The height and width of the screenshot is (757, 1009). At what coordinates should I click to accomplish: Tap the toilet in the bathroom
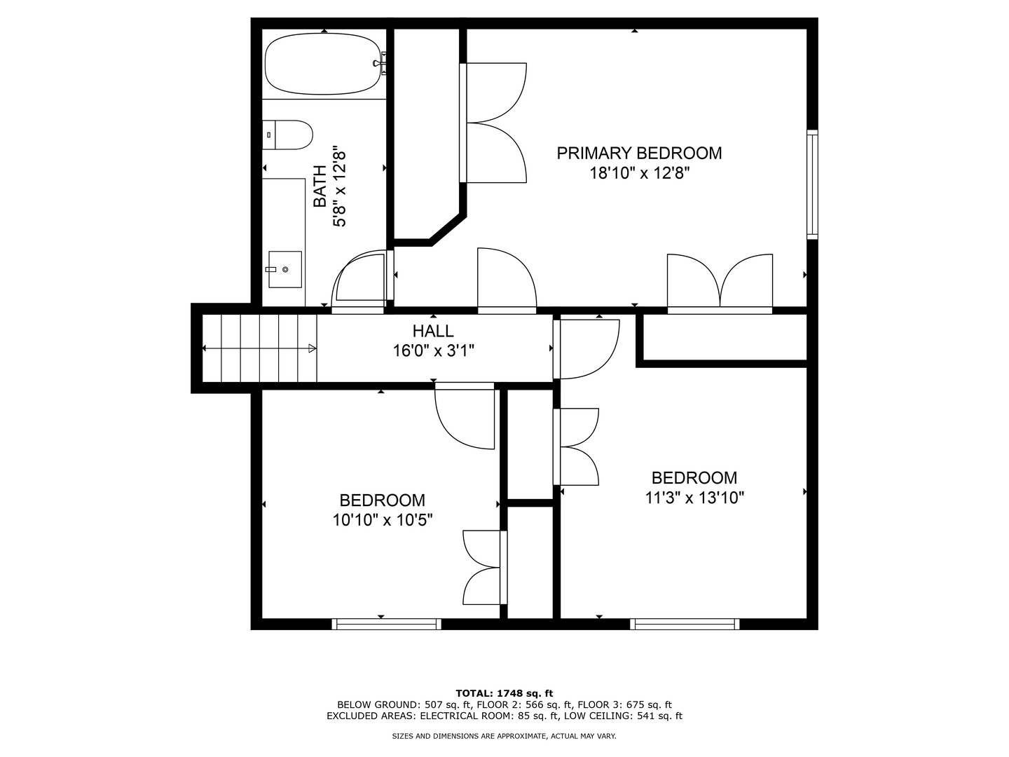289,135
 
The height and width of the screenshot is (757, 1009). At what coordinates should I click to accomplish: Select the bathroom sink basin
285,269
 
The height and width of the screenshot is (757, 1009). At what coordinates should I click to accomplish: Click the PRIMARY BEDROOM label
639,153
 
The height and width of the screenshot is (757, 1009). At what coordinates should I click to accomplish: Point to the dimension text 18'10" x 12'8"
639,173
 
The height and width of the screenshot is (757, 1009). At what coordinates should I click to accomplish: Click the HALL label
433,331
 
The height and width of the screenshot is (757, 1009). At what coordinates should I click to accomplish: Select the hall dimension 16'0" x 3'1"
433,350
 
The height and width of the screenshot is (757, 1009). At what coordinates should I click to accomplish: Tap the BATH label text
320,186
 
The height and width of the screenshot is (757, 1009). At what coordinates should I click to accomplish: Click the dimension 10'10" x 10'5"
383,520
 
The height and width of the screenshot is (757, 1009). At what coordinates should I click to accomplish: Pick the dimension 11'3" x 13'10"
694,498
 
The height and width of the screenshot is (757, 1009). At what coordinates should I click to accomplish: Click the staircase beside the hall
259,348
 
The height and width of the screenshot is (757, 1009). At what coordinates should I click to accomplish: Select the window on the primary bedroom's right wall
812,184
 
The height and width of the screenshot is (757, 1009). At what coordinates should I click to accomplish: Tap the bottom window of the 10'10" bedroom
386,624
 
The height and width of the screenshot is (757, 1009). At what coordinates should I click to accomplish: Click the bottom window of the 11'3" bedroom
685,624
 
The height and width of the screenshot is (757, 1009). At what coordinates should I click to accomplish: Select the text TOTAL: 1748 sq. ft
504,693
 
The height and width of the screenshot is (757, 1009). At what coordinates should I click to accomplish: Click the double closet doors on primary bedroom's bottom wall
720,282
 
